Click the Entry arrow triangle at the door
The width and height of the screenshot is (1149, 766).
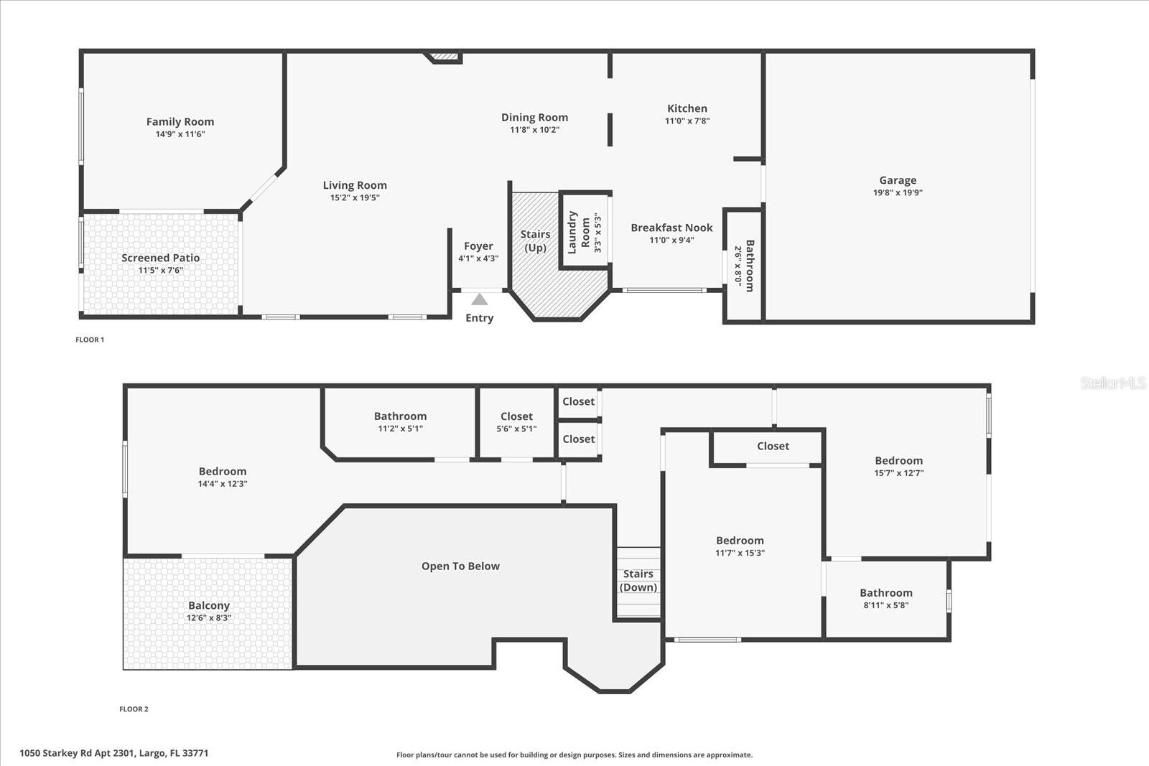[479, 299]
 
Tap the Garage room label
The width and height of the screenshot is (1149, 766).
[898, 180]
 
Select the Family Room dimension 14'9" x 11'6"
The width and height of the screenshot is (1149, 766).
[180, 134]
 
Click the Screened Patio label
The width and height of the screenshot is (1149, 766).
[160, 258]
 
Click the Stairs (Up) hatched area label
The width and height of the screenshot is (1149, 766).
[535, 240]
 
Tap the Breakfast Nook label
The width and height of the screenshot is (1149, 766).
[671, 228]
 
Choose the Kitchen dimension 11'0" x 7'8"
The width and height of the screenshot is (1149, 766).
[687, 121]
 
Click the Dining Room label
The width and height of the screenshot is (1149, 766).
[534, 117]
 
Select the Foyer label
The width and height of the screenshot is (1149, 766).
[478, 246]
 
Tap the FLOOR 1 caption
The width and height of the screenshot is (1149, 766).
[90, 340]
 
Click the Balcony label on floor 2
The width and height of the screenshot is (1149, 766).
[208, 605]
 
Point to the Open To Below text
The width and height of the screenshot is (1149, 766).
[460, 566]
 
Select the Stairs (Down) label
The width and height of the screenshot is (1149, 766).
[638, 580]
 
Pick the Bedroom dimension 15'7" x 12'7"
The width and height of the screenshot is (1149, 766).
[898, 473]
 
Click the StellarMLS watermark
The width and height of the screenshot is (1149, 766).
[1112, 383]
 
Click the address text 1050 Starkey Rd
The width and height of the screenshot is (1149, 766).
[113, 753]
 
